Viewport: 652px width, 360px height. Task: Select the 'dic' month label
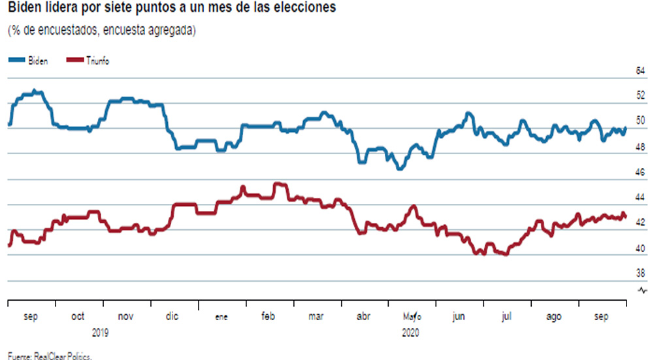[172, 317]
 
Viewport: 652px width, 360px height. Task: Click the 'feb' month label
[268, 317]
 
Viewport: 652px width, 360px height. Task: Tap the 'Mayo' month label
[412, 317]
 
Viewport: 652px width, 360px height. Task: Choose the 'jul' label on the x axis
[506, 317]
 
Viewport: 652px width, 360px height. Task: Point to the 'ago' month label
[553, 317]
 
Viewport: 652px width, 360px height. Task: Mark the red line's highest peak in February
[279, 184]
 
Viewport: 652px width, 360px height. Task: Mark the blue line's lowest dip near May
[400, 168]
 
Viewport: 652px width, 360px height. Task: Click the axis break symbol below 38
[642, 290]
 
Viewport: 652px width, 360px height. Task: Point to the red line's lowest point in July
[504, 254]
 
